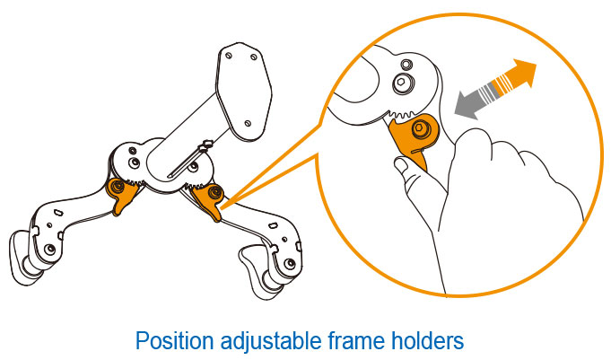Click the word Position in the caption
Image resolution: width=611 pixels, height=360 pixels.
click(x=174, y=340)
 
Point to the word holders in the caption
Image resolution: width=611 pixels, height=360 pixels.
click(x=427, y=340)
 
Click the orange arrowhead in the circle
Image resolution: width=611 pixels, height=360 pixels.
click(x=521, y=74)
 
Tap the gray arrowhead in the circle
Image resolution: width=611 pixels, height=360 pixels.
click(x=468, y=104)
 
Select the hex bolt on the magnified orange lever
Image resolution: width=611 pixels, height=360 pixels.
click(x=420, y=128)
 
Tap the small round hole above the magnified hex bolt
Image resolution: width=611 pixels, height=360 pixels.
click(x=406, y=64)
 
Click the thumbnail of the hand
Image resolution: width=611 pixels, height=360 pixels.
click(x=401, y=163)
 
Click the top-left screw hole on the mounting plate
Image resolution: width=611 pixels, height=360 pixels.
click(x=229, y=56)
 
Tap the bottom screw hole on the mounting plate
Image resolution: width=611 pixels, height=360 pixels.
click(x=248, y=123)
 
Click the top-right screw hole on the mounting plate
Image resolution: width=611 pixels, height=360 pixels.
click(x=254, y=57)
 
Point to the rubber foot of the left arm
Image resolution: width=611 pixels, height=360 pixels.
click(x=21, y=258)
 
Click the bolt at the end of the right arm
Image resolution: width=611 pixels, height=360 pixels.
click(x=290, y=264)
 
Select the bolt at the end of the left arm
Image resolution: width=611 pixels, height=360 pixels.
click(x=49, y=250)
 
